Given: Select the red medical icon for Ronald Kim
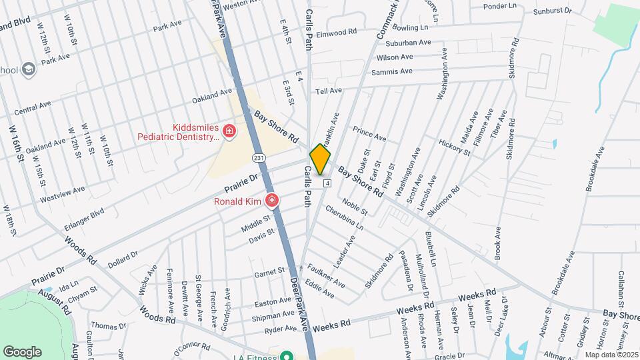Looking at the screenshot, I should pos(271,201).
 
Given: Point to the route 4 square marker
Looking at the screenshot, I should pos(327,183).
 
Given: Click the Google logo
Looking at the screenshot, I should pos(22,351).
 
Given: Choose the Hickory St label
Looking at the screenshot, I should pos(455,148).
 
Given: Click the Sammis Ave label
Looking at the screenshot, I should pos(393,71).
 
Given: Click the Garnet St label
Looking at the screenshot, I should pos(269,272).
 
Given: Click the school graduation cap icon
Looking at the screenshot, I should pos(28,69).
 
